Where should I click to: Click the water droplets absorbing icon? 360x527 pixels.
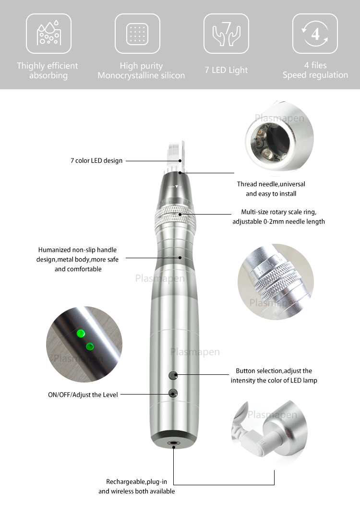(48, 34)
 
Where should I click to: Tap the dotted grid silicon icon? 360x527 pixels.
(137, 34)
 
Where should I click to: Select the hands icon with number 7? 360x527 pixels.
(226, 34)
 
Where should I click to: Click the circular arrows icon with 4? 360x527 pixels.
(315, 34)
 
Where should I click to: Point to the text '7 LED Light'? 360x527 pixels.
(226, 70)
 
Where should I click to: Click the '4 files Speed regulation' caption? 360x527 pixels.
(315, 70)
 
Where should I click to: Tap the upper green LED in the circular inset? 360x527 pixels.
(80, 332)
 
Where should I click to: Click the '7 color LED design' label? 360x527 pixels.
(96, 161)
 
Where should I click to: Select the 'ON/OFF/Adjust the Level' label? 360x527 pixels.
(83, 395)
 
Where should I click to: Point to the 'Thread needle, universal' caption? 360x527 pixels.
(271, 184)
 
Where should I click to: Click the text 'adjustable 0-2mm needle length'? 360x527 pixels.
(278, 222)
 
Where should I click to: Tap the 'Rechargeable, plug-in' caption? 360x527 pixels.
(136, 482)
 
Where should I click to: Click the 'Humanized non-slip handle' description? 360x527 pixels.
(77, 250)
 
